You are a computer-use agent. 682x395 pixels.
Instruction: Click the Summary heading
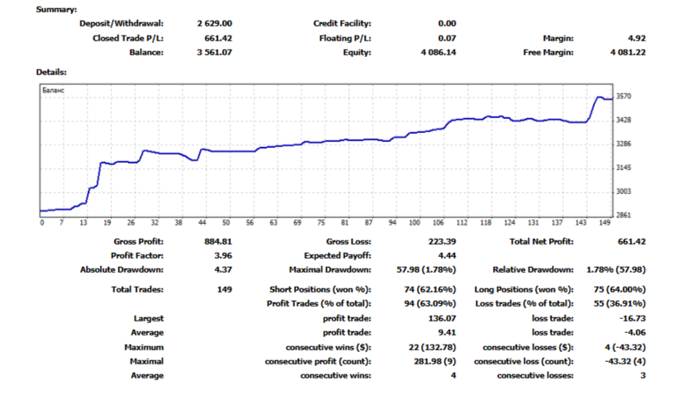coord(56,9)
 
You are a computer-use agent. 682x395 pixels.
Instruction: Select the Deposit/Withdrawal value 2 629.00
coord(215,24)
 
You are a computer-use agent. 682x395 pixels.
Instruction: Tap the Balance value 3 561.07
coord(215,52)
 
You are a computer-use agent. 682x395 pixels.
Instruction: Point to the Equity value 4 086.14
coord(438,52)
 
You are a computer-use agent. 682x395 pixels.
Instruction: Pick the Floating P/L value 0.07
coord(447,38)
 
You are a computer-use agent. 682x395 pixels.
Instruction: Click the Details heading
coord(51,73)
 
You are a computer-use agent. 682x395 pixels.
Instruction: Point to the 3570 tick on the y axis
coord(624,97)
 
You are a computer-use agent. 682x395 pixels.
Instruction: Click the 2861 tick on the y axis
coord(624,216)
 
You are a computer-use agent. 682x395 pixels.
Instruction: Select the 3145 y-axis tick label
coord(624,168)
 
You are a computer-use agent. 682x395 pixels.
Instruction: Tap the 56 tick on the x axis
coord(250,223)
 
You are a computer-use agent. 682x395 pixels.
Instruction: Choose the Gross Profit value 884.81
coord(215,241)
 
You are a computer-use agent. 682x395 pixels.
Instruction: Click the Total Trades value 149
coord(224,289)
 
